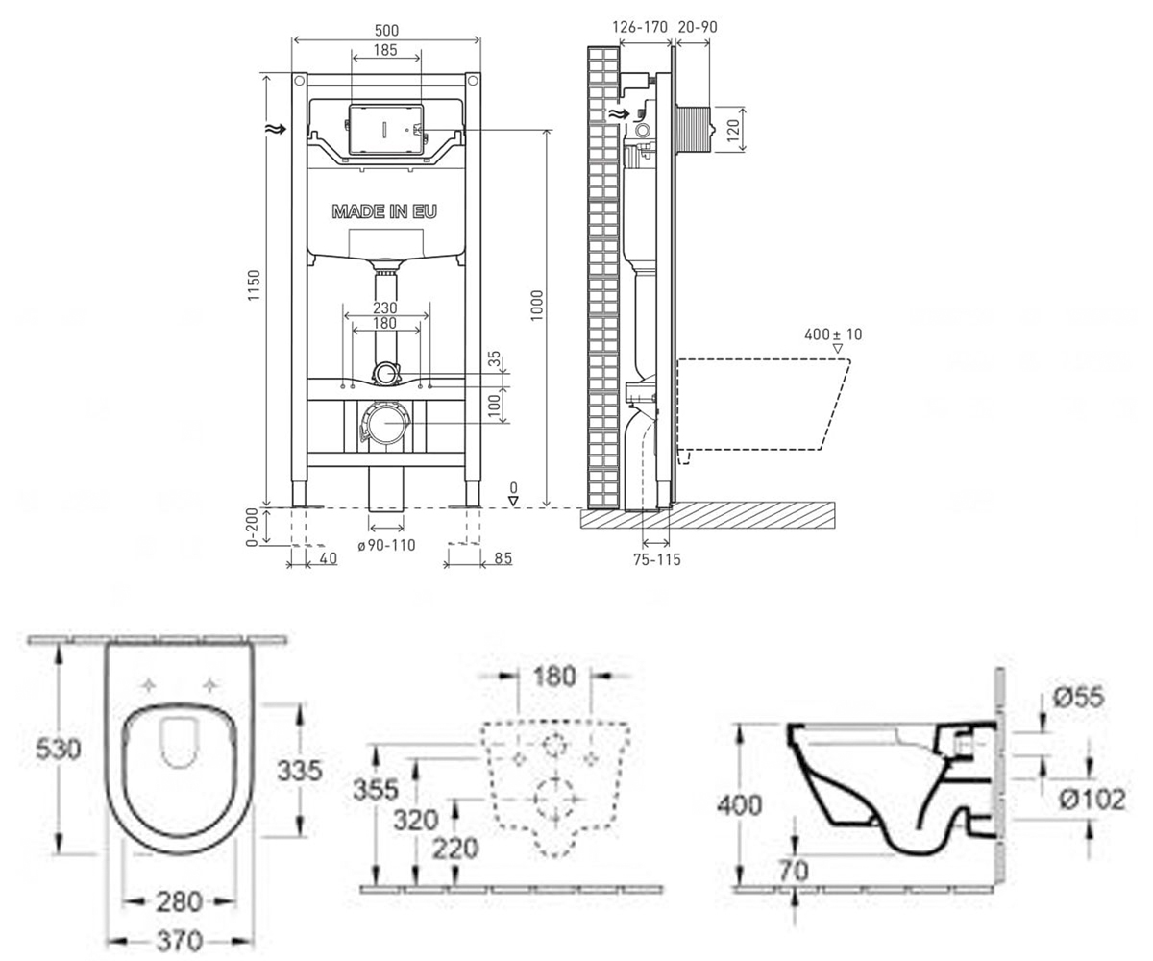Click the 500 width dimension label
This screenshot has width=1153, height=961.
(386, 31)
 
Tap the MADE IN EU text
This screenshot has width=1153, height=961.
(384, 211)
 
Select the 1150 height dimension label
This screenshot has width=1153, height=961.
(254, 285)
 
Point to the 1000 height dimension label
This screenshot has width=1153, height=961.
(537, 306)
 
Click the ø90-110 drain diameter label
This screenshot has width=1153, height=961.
(386, 546)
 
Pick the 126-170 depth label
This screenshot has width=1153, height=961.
(640, 27)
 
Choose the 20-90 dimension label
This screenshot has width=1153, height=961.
(698, 27)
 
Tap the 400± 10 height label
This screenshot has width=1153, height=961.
(833, 334)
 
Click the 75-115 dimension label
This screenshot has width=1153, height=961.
(656, 559)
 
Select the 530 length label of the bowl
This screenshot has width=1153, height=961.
(58, 750)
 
